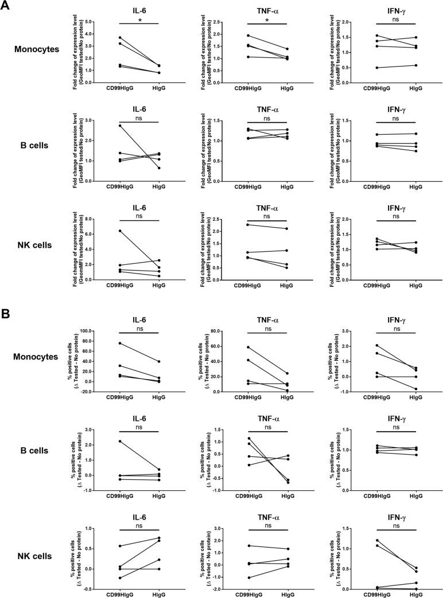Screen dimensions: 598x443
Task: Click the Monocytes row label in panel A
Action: tap(37, 49)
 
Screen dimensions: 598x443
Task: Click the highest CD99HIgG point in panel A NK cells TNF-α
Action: tap(248, 224)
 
